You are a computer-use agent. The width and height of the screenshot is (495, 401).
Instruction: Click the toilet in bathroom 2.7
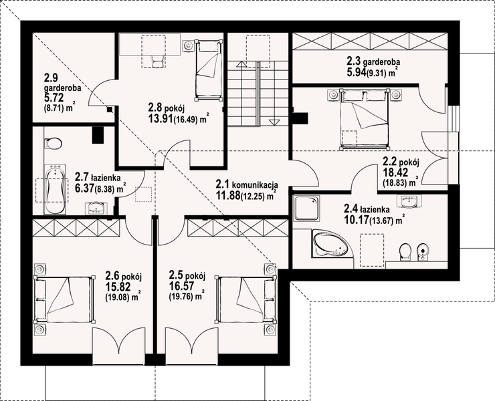point(53,143)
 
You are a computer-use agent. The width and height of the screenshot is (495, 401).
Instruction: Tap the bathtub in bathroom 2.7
point(56,189)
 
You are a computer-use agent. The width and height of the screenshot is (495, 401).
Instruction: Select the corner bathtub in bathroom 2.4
point(332,244)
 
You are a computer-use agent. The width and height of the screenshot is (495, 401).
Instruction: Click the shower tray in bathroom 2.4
point(306,208)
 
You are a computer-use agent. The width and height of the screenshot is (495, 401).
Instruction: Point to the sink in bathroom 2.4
point(409,201)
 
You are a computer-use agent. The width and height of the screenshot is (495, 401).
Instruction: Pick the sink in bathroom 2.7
point(96,209)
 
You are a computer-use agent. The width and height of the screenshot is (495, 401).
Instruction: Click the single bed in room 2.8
point(208,70)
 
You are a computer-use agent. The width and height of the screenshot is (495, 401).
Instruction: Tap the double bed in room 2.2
point(364,119)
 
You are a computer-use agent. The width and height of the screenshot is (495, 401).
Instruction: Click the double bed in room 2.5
point(246,299)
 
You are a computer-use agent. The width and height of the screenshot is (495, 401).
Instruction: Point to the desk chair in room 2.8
point(157,61)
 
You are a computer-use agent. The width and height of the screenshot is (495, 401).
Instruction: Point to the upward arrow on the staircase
point(241,65)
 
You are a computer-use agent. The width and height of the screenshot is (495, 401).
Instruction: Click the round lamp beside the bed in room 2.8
point(189,45)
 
